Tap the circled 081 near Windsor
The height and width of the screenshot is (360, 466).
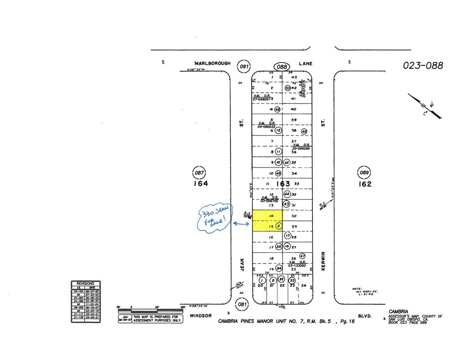[x=241, y=304]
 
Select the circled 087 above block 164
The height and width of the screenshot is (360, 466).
[x=199, y=173]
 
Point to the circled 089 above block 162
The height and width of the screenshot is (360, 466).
[x=365, y=173]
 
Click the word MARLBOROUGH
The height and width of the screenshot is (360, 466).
[x=212, y=63]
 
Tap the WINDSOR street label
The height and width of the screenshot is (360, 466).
[x=201, y=316]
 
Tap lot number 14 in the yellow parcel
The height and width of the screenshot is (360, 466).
[x=272, y=216]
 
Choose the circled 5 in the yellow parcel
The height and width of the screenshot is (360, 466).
[x=279, y=226]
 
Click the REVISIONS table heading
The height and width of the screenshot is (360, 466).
[x=86, y=284]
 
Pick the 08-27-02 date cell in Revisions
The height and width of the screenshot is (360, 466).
[x=93, y=291]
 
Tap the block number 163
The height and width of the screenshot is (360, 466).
[x=283, y=184]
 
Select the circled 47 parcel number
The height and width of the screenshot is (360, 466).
[x=303, y=256]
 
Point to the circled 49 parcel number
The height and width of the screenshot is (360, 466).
[x=304, y=131]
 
